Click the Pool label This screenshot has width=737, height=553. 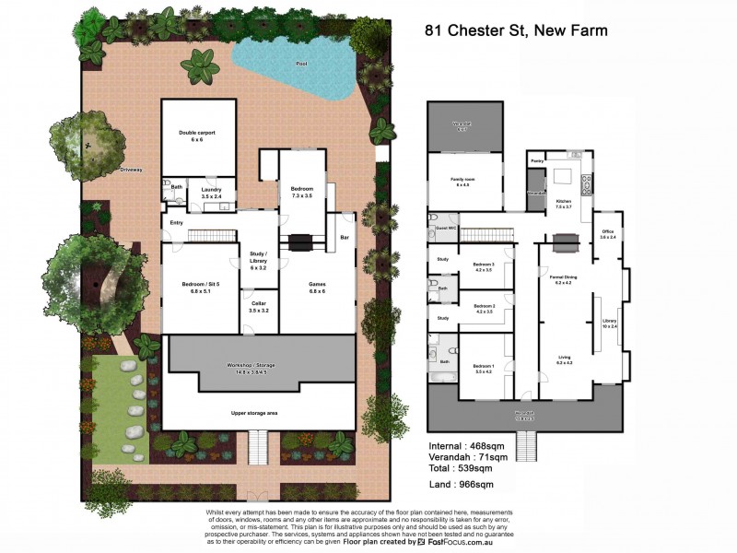(301, 64)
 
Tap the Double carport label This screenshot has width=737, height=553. (197, 135)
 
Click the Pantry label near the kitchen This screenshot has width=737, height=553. (536, 160)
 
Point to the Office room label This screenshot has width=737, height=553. (607, 233)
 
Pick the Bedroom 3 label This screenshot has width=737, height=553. (484, 267)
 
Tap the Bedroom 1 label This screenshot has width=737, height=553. (484, 369)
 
